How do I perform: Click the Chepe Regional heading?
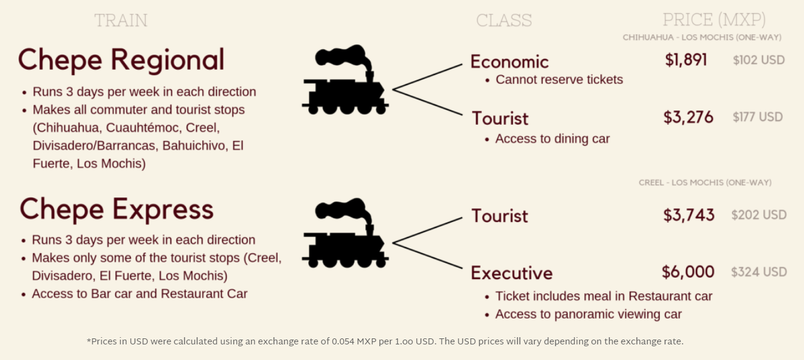[121, 61]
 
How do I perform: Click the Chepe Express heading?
[116, 209]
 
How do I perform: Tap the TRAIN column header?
[121, 20]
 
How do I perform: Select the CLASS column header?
[504, 20]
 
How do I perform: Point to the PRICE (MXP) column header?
[714, 20]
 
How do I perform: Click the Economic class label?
[509, 62]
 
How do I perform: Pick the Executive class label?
[512, 273]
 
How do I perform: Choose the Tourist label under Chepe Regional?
[500, 118]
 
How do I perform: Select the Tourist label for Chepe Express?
[500, 216]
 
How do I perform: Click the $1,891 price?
[686, 60]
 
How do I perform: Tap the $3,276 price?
[688, 117]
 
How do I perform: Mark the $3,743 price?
[689, 215]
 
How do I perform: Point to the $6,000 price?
[688, 272]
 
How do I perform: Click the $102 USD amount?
[758, 60]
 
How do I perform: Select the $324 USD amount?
[758, 272]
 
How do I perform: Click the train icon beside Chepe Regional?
[345, 79]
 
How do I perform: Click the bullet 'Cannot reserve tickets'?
[559, 80]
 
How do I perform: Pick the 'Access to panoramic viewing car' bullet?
[588, 314]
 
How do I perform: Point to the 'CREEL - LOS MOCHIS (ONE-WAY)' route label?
[705, 182]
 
